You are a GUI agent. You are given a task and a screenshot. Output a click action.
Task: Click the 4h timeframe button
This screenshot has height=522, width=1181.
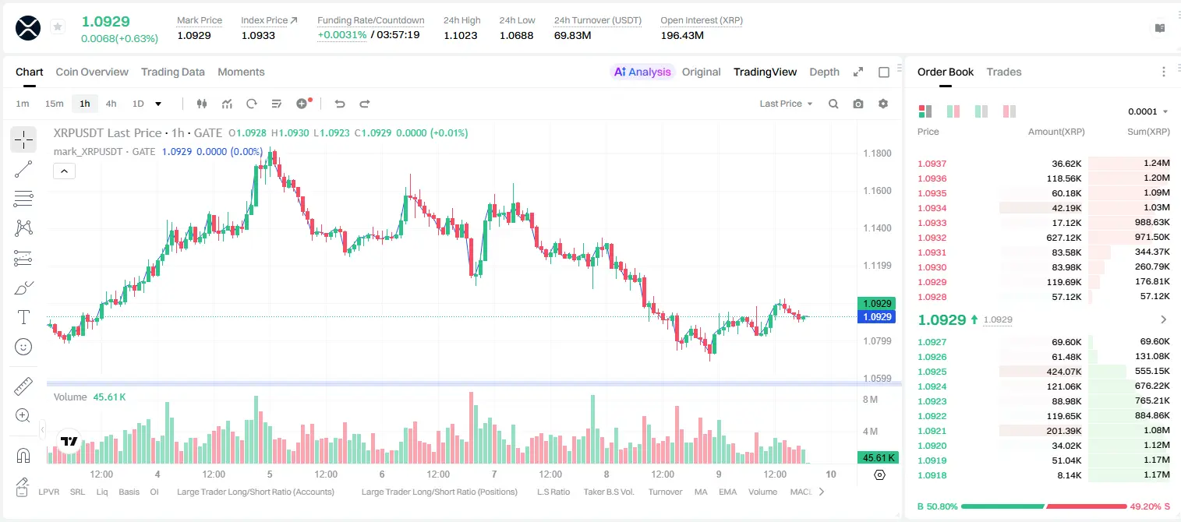[x=111, y=104]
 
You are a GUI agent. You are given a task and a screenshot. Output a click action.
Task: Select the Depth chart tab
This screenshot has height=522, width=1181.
[x=824, y=72]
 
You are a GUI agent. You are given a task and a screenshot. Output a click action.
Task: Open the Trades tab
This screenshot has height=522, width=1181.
[x=1004, y=72]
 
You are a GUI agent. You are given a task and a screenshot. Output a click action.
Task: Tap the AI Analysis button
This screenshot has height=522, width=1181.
[x=642, y=72]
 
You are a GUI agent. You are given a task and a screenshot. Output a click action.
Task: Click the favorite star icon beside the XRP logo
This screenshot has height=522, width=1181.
[x=58, y=26]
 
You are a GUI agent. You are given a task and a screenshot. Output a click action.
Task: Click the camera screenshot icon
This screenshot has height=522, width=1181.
[x=858, y=104]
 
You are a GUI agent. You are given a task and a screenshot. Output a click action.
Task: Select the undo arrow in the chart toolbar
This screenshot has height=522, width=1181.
[x=340, y=104]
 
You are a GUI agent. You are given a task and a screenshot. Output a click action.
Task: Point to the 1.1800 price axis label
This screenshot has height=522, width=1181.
[x=877, y=153]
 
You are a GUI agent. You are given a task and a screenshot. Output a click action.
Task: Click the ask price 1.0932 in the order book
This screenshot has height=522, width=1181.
[x=932, y=238]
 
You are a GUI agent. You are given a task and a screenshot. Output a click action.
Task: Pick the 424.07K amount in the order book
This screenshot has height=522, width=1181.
[x=1064, y=372]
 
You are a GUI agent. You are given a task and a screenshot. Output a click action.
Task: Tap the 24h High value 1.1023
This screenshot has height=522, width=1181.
[x=460, y=35]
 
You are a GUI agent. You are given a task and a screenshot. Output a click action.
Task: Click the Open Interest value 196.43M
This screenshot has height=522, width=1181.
[x=682, y=35]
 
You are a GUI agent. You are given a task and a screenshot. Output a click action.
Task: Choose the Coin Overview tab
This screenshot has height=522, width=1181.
[x=92, y=72]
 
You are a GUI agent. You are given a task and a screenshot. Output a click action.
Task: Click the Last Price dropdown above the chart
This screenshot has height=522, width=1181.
[x=786, y=104]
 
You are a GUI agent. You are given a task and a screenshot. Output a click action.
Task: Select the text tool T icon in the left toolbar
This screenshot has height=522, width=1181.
[x=23, y=317]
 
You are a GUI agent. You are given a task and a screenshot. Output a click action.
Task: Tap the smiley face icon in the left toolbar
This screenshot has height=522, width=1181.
[x=23, y=347]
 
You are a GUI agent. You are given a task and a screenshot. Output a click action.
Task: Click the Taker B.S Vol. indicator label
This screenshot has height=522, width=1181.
[x=609, y=492]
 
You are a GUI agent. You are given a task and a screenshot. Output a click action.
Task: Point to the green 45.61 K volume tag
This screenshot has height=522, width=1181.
[x=878, y=458]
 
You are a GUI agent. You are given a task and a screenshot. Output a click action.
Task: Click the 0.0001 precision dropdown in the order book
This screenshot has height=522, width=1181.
[x=1147, y=111]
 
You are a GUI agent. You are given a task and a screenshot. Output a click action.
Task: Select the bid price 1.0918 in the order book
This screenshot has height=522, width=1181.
[x=932, y=475]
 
